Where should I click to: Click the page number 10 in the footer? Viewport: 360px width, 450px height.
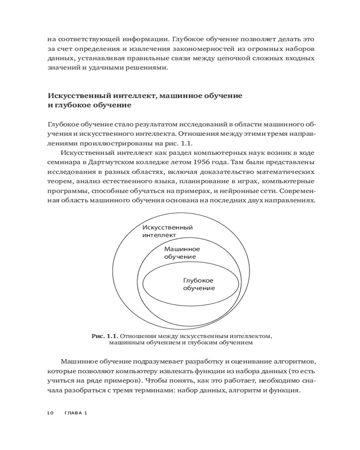pos(50,413)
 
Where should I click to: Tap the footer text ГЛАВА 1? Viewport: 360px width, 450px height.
pos(76,413)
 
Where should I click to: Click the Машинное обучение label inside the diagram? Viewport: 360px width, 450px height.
pos(182,252)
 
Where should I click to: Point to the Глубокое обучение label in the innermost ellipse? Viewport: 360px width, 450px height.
pos(198,284)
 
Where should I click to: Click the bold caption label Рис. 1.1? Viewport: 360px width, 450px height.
pos(105,336)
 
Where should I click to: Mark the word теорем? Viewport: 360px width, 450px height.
pos(60,182)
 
